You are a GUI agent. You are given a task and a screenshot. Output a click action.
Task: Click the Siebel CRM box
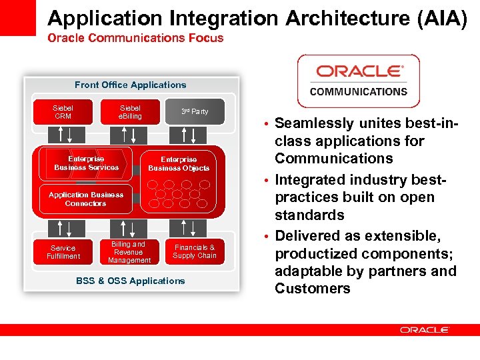pyautogui.click(x=63, y=112)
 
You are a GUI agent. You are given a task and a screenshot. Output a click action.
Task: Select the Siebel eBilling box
pyautogui.click(x=130, y=112)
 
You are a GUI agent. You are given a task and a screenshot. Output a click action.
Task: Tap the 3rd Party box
pyautogui.click(x=195, y=112)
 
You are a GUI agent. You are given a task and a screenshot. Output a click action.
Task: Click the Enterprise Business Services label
pyautogui.click(x=87, y=163)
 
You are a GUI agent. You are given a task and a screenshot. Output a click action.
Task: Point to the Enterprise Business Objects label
pyautogui.click(x=179, y=164)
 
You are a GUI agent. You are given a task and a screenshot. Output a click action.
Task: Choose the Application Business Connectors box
pyautogui.click(x=85, y=199)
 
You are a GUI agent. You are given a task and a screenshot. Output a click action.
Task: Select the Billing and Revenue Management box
pyautogui.click(x=129, y=252)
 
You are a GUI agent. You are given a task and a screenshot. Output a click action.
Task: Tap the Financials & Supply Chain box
pyautogui.click(x=195, y=251)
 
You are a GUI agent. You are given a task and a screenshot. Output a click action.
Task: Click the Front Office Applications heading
pyautogui.click(x=130, y=85)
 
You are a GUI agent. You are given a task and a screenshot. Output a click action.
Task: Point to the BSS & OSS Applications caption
pyautogui.click(x=130, y=281)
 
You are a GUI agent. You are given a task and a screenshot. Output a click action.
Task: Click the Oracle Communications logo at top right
pyautogui.click(x=358, y=81)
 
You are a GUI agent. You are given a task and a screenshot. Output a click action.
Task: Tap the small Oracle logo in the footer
pyautogui.click(x=425, y=330)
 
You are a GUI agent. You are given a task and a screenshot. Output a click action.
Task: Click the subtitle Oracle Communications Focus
pyautogui.click(x=135, y=38)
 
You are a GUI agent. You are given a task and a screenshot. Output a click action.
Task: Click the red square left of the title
pyautogui.click(x=18, y=17)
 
